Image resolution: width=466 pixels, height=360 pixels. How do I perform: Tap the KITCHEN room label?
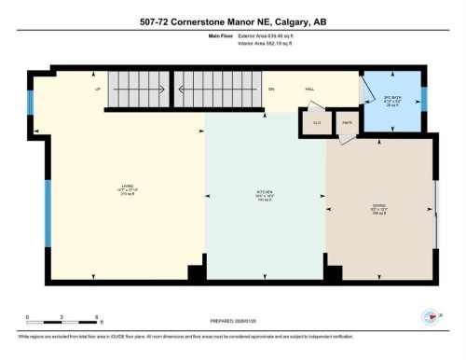(x=265, y=195)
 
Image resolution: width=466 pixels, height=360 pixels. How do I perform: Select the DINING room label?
(x=379, y=209)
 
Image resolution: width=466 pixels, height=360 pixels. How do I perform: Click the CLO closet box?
(x=317, y=122)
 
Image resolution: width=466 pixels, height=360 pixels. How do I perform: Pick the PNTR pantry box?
(x=346, y=122)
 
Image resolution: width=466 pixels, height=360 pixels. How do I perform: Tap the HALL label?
(x=309, y=90)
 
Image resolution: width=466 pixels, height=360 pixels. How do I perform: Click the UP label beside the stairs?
(x=96, y=90)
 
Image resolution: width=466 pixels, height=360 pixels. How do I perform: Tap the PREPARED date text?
(x=233, y=314)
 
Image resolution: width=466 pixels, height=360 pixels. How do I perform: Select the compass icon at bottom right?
(x=430, y=316)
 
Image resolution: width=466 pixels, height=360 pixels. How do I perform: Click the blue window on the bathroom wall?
(x=424, y=98)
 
